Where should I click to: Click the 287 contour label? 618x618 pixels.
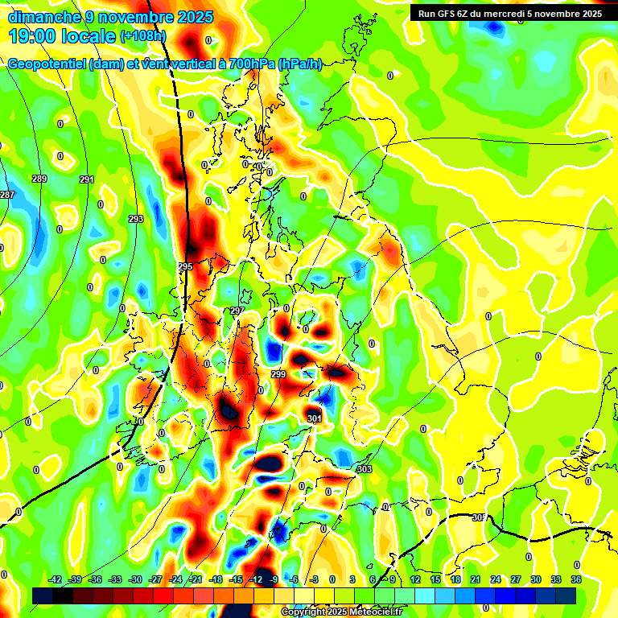click(6, 196)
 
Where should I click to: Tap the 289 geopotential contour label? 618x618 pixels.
click(39, 179)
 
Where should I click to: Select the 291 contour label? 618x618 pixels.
click(87, 179)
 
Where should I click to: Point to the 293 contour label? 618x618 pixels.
click(136, 219)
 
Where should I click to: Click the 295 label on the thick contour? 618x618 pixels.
click(185, 266)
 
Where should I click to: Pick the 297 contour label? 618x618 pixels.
click(237, 311)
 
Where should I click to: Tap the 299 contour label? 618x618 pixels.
click(278, 375)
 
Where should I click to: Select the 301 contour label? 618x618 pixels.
click(314, 418)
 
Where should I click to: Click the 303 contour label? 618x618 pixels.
click(365, 469)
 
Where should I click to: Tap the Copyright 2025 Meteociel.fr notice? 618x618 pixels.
click(342, 612)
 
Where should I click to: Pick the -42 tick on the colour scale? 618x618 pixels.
click(56, 579)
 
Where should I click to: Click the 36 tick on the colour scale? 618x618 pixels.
click(575, 579)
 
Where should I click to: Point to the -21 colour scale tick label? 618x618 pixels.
click(196, 579)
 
